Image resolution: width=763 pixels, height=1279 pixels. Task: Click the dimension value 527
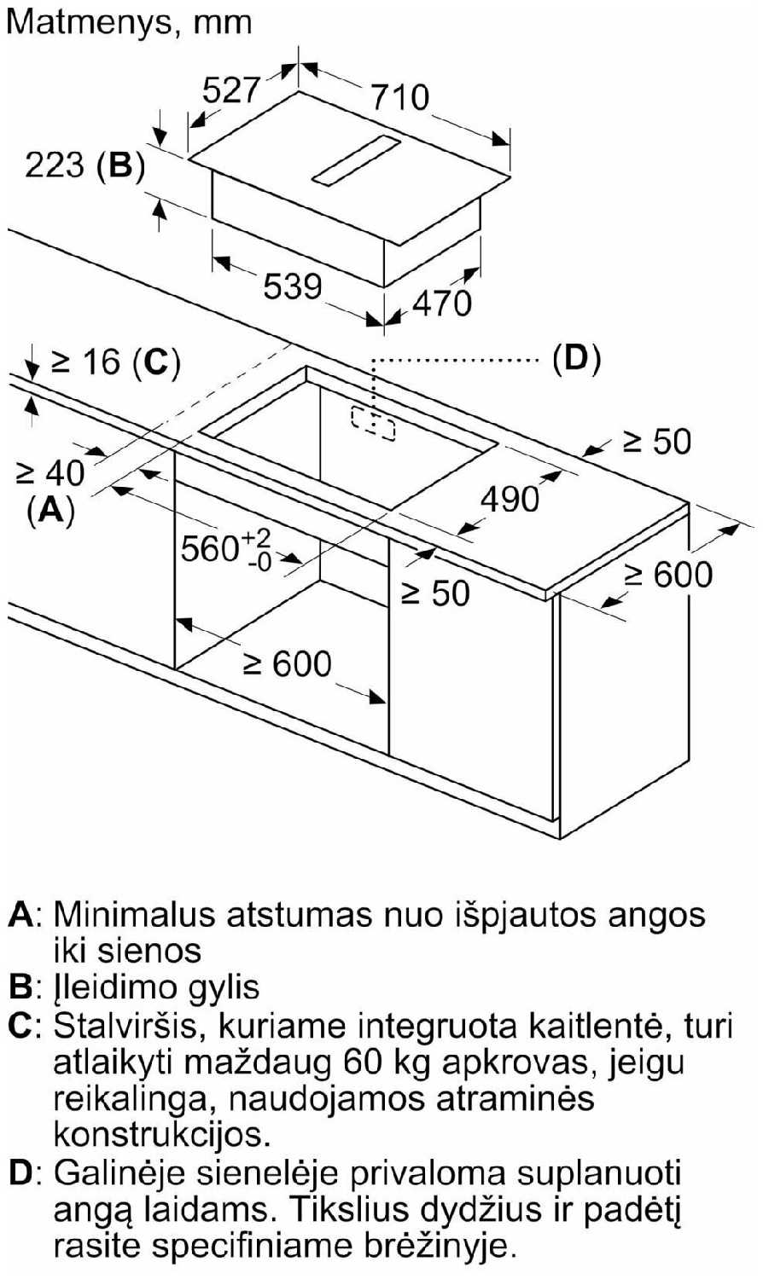[230, 89]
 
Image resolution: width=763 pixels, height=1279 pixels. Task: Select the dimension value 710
[399, 96]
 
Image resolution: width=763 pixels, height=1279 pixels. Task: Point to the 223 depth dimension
[55, 165]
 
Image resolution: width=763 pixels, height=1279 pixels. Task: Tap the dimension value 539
[292, 286]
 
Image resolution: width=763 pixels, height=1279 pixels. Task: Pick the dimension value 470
[441, 302]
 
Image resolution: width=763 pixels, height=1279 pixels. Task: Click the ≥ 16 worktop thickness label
[86, 362]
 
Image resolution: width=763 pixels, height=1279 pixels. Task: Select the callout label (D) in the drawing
[576, 358]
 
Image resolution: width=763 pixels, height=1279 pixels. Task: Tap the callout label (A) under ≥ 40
[50, 509]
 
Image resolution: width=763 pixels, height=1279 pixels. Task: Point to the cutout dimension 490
[510, 499]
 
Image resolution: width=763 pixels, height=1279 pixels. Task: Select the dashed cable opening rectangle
[372, 423]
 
